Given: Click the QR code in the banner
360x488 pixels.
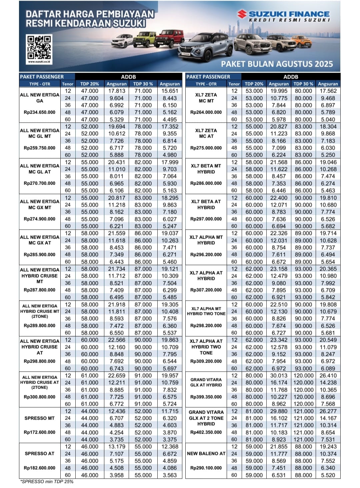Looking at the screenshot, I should click(39, 47).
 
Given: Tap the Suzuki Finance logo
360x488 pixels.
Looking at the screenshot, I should click(283, 14).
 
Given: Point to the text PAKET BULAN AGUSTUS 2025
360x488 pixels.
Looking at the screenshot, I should click(277, 64).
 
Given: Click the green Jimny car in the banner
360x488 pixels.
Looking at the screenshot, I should click(144, 39).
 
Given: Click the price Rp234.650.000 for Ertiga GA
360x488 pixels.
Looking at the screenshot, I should click(40, 112).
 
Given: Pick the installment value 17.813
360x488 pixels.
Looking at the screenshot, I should click(116, 91).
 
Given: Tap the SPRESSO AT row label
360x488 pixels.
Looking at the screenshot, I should click(40, 454).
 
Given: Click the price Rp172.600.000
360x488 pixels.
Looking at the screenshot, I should click(40, 432).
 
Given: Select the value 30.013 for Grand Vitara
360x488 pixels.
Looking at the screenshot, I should click(278, 376).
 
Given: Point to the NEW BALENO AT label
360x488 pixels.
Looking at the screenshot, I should click(206, 454).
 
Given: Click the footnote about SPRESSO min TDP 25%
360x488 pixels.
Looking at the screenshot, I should click(47, 481).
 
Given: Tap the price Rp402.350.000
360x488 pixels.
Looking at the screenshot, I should click(206, 432).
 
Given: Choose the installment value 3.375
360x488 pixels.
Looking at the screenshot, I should click(170, 440).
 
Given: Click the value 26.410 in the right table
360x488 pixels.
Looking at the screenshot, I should click(328, 376).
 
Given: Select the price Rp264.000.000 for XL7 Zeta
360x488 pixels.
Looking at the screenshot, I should click(206, 112).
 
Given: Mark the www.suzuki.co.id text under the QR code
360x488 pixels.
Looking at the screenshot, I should click(39, 62).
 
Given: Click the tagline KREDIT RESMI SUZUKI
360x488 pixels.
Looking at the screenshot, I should click(289, 20).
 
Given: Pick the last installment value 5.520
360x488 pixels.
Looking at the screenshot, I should click(328, 475).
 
